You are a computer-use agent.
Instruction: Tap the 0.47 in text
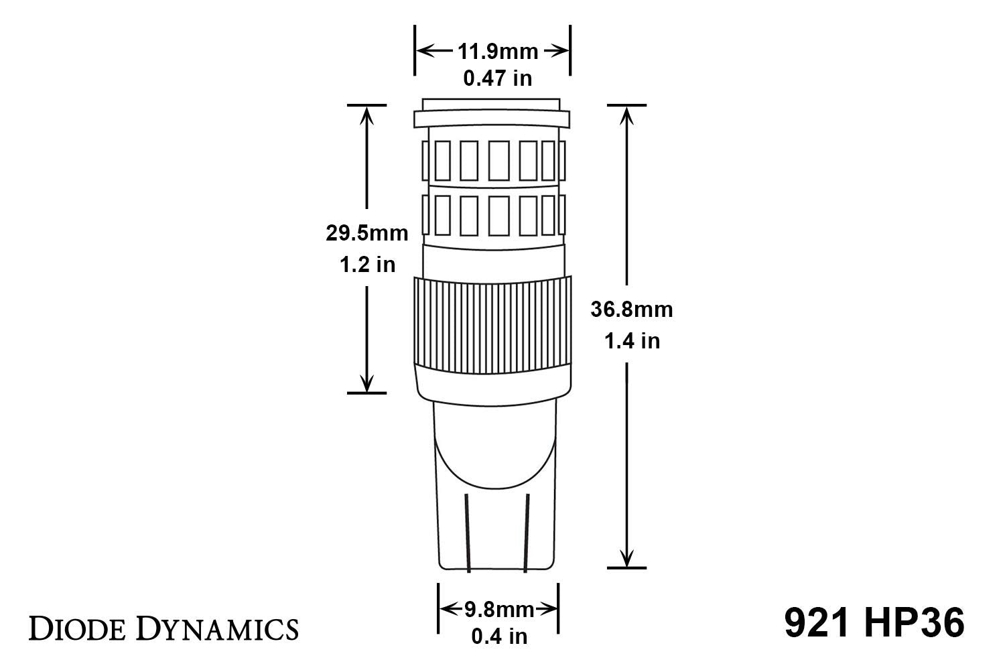coord(498,78)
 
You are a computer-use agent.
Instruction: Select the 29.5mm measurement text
coord(366,233)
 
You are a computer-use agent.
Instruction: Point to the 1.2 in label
coord(367,265)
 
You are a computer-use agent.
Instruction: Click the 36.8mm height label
coord(631,310)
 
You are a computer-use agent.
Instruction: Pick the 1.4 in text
coord(632,341)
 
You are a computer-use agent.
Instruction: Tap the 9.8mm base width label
coord(499,609)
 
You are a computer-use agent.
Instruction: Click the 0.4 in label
coord(499,636)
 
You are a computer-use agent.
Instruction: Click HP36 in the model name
coord(914,624)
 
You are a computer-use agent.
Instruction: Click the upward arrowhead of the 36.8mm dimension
coord(626,115)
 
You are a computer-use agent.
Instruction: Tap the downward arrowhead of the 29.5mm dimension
coord(366,383)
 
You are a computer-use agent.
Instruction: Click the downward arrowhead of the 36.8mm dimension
coord(626,557)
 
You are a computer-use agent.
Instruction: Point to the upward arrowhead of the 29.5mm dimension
coord(366,115)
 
